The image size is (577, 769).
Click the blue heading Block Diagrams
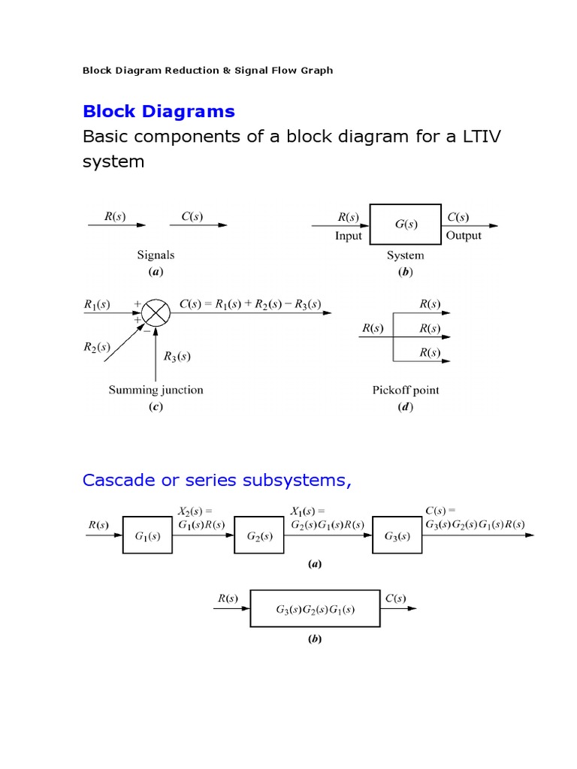coord(159,112)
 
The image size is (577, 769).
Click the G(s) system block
coord(405,224)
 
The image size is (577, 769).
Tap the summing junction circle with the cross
coord(156,313)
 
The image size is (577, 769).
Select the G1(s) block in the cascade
coord(147,535)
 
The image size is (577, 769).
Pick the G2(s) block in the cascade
coord(259,535)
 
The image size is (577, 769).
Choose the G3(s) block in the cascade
coord(397,535)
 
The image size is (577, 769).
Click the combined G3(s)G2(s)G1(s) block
coord(315,608)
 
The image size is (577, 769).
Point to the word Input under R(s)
coord(349,236)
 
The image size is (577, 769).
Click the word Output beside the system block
coord(464,236)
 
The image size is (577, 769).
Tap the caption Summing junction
coord(156,390)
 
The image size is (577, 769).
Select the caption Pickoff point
coord(406,391)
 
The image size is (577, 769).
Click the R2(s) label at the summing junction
coord(97,347)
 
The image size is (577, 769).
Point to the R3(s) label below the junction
coord(177,356)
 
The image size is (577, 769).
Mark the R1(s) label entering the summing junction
coord(97,305)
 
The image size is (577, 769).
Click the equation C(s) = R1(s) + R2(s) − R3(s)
coord(250,304)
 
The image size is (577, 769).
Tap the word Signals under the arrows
coord(156,255)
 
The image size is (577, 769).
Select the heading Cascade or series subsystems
coord(217,480)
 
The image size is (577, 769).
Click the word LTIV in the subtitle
coord(482,137)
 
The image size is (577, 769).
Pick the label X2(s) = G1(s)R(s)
coord(201,518)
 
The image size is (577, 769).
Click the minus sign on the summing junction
coord(147,330)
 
